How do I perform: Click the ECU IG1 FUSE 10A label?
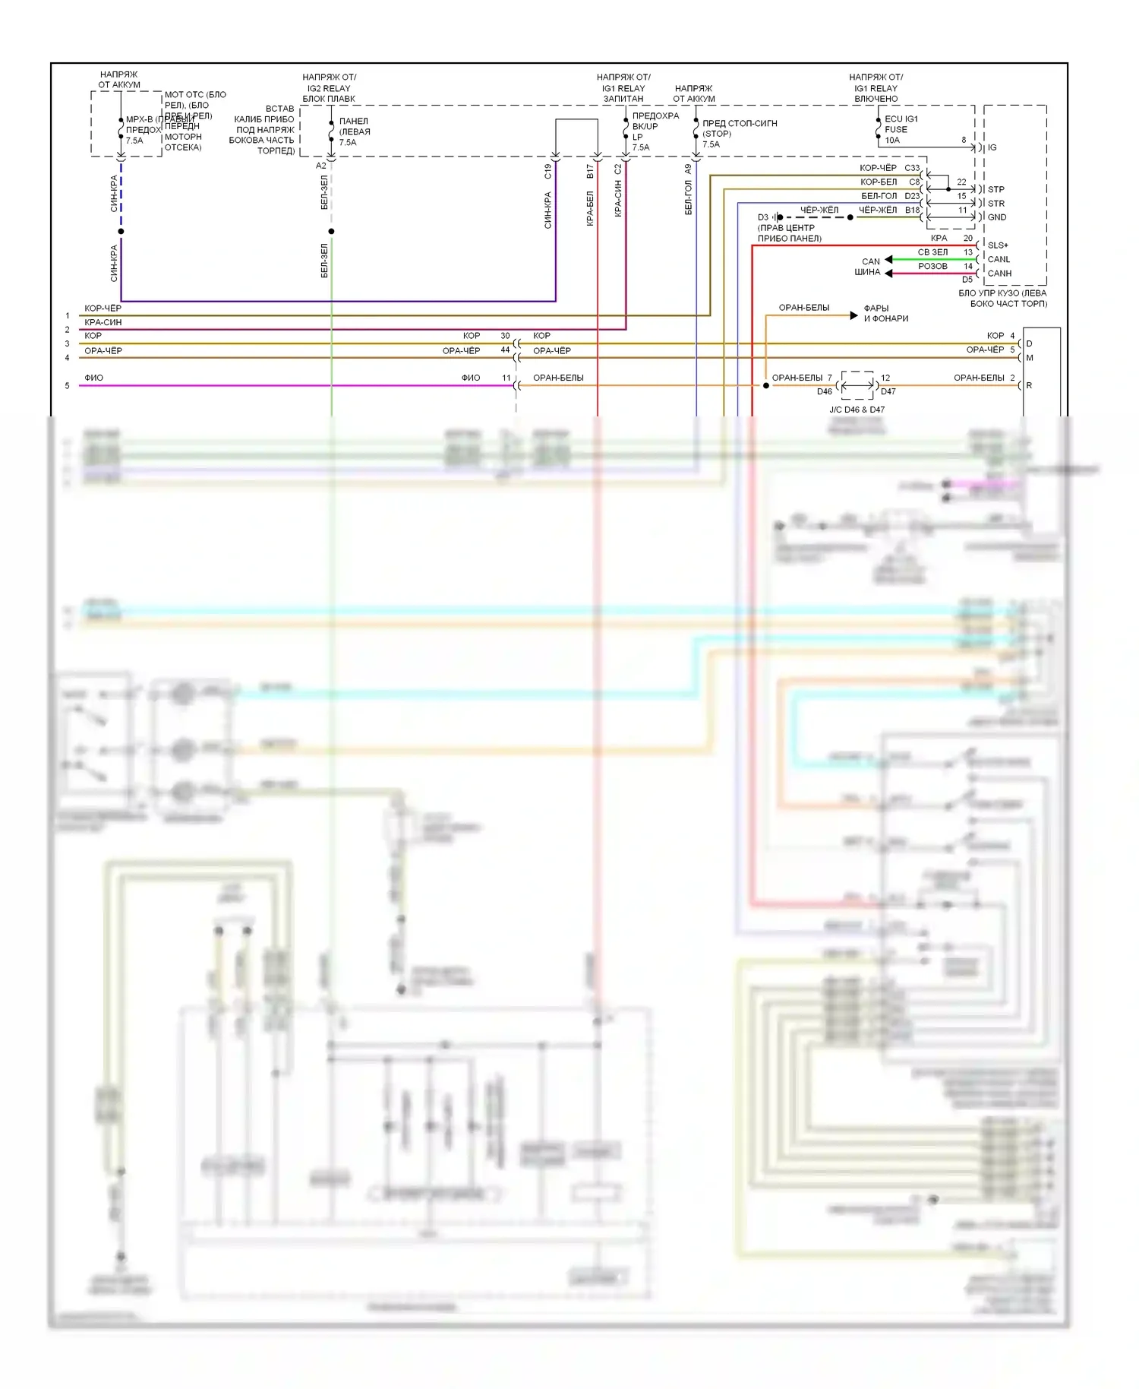901,129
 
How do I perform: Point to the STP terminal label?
995,189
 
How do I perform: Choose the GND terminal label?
996,217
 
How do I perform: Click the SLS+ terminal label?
998,245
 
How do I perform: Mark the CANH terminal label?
999,274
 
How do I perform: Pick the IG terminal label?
992,147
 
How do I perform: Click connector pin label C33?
912,168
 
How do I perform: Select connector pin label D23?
912,196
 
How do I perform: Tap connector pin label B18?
912,210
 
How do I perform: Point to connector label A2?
320,166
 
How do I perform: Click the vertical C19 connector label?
547,172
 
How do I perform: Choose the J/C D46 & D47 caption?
857,410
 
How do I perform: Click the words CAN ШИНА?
868,267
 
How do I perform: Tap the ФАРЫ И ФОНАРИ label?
885,313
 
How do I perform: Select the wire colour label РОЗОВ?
932,267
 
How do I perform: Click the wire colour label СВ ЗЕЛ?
932,252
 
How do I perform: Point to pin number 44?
505,350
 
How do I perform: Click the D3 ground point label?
762,217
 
